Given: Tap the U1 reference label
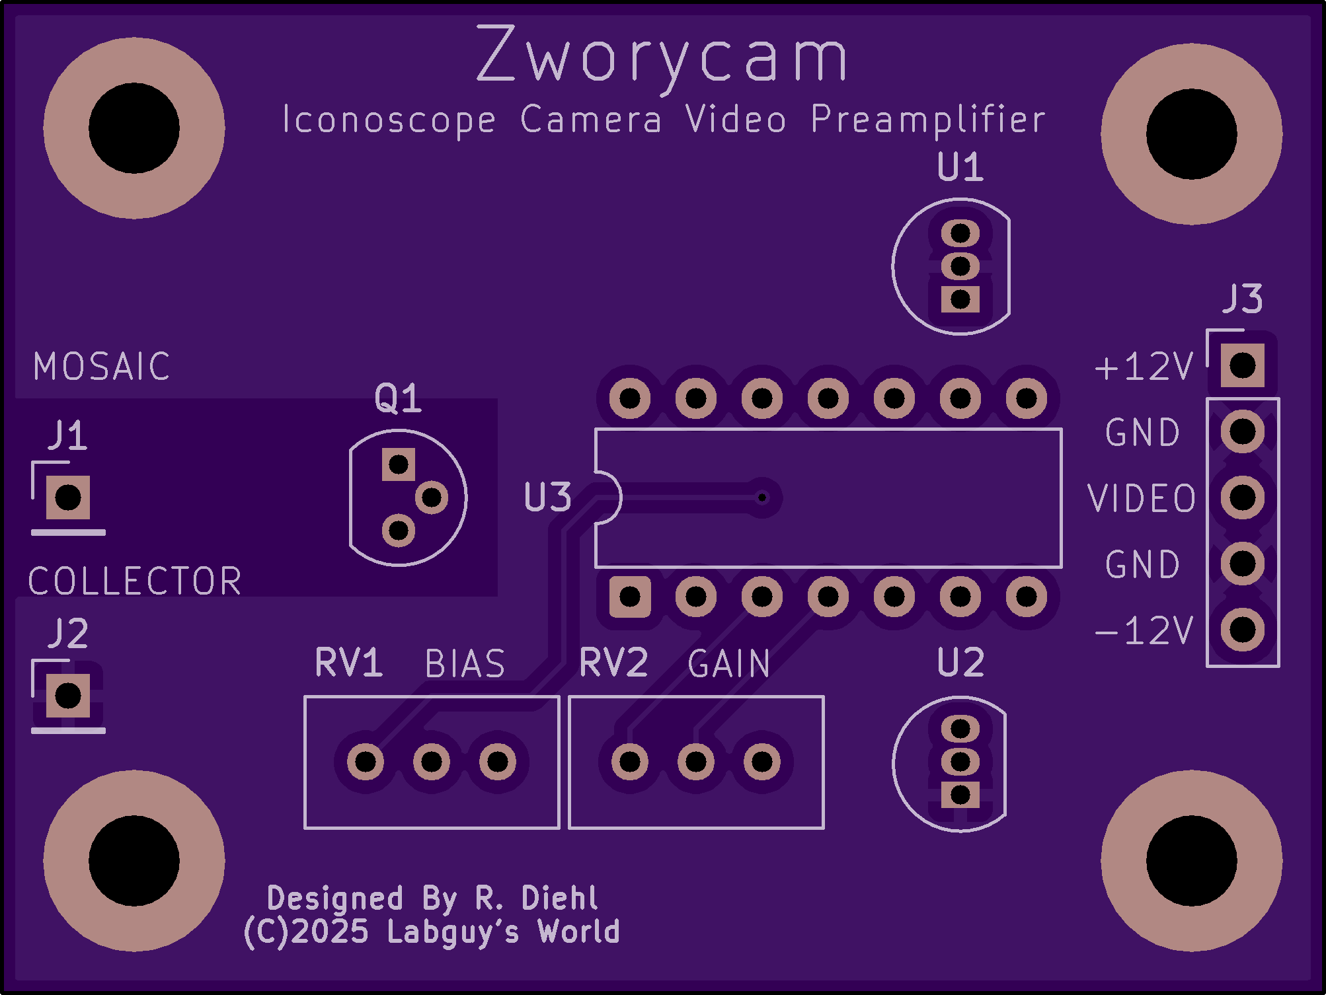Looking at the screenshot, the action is pyautogui.click(x=960, y=167).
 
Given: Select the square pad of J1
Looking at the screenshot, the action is pyautogui.click(x=68, y=497).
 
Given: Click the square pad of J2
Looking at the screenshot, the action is pyautogui.click(x=68, y=696).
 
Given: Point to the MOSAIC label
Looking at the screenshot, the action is pyautogui.click(x=102, y=367).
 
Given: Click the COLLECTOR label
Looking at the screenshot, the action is pyautogui.click(x=135, y=581).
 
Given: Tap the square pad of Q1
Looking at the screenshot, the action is pyautogui.click(x=399, y=464).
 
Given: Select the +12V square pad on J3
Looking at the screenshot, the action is pyautogui.click(x=1243, y=365).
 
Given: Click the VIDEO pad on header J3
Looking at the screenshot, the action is pyautogui.click(x=1243, y=497).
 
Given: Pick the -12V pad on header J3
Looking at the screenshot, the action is pyautogui.click(x=1243, y=630).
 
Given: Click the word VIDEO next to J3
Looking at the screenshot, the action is pyautogui.click(x=1142, y=498).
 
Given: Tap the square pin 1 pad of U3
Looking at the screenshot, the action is pyautogui.click(x=630, y=597).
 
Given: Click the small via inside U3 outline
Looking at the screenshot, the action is pyautogui.click(x=762, y=497).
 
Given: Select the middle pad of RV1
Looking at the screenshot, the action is pyautogui.click(x=432, y=762).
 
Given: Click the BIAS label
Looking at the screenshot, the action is pyautogui.click(x=465, y=664).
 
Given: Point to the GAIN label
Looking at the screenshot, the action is pyautogui.click(x=729, y=664).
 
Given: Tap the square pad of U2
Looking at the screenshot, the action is pyautogui.click(x=960, y=795).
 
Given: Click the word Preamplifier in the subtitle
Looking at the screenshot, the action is pyautogui.click(x=928, y=121).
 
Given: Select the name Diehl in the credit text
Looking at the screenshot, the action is pyautogui.click(x=559, y=898).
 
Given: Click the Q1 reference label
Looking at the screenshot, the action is pyautogui.click(x=398, y=398).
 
